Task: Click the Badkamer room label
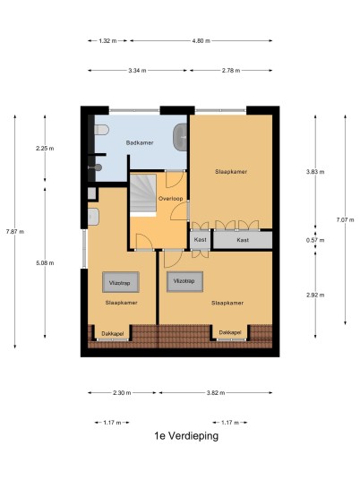(140, 142)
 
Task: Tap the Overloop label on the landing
(170, 199)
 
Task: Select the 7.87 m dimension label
(15, 231)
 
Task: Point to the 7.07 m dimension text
(345, 219)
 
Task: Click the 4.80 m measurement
(201, 40)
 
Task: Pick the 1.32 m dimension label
(107, 40)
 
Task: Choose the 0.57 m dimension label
(315, 240)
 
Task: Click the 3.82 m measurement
(216, 393)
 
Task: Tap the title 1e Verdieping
(186, 435)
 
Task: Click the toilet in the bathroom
(101, 130)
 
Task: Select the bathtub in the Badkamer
(180, 137)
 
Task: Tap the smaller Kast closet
(201, 240)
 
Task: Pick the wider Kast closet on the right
(243, 240)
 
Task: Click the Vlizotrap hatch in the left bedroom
(121, 282)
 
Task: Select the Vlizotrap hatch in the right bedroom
(184, 281)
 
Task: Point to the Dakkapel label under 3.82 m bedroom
(230, 332)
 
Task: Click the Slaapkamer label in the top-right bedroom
(231, 172)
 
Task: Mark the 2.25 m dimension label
(45, 149)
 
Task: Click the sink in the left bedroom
(93, 217)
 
